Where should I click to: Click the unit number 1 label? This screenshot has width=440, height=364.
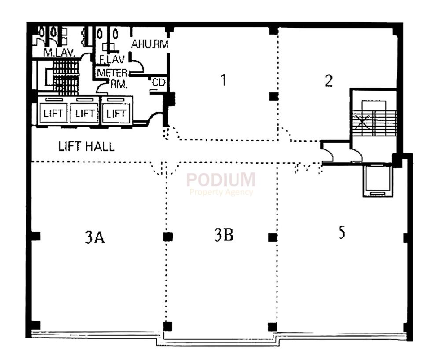pos(224,81)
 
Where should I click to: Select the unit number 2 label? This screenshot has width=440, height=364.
pos(329,81)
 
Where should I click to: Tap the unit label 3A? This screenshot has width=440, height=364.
pos(95,238)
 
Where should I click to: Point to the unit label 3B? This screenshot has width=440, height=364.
pos(224,236)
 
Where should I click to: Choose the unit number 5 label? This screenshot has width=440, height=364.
pos(341,233)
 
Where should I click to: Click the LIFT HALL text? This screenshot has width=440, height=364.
pos(87,147)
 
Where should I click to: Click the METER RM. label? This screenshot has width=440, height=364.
pos(112,77)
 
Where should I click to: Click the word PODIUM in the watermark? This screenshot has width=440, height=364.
pos(221,180)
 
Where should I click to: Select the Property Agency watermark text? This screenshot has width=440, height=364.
pos(221,192)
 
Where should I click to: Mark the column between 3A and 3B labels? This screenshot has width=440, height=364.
pos(167,237)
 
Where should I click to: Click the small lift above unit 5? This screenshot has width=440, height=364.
pos(376,180)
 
